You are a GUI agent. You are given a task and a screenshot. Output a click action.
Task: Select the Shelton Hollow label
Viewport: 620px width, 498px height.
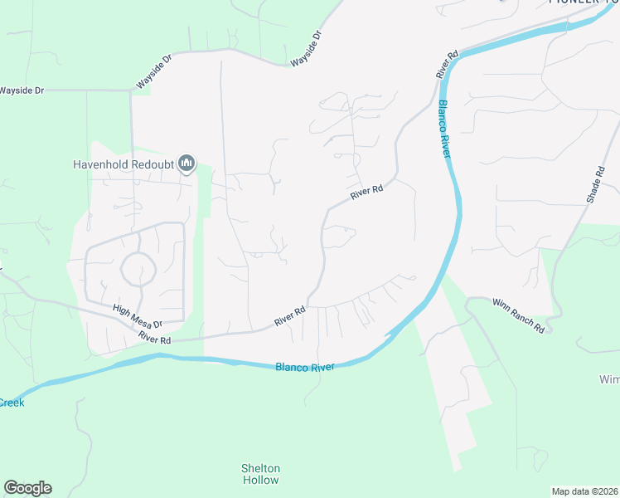261,474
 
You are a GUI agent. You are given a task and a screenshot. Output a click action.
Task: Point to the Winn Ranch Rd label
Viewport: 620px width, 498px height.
518,315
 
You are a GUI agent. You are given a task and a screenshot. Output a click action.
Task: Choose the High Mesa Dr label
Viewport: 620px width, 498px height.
137,315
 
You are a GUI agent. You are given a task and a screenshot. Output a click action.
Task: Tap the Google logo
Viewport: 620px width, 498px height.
27,487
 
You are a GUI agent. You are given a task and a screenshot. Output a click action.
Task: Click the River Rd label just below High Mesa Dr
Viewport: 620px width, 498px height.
155,339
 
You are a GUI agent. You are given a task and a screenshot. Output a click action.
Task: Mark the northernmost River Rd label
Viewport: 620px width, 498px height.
448,66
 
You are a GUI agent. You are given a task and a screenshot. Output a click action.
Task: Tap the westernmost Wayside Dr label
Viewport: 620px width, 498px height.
22,90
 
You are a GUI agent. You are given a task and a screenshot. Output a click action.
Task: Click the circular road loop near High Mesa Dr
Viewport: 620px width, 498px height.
138,269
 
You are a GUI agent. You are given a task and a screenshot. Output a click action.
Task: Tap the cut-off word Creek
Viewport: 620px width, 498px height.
12,403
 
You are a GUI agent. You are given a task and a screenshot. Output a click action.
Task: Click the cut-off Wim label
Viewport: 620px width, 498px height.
608,379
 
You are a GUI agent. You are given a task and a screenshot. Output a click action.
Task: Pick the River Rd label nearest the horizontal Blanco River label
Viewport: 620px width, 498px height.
290,315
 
